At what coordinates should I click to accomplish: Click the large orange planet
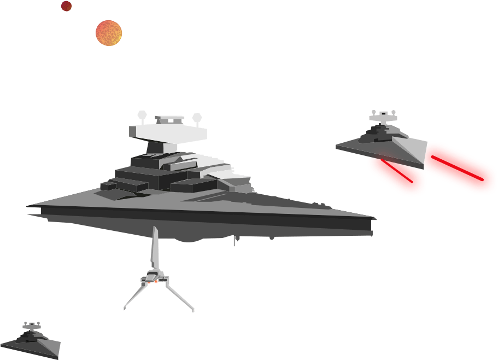[x=108, y=33]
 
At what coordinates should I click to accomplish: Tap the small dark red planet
[x=66, y=6]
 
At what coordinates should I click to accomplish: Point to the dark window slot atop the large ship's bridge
[x=169, y=119]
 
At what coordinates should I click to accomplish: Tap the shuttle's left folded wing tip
[x=125, y=308]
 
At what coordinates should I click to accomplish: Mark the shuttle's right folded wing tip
[x=192, y=310]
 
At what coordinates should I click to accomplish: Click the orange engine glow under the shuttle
[x=156, y=282]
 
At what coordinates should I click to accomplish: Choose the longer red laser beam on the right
[x=461, y=166]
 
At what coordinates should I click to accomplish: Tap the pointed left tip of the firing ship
[x=337, y=146]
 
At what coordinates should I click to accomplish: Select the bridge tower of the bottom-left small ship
[x=32, y=327]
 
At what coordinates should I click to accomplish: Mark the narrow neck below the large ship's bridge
[x=162, y=147]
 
